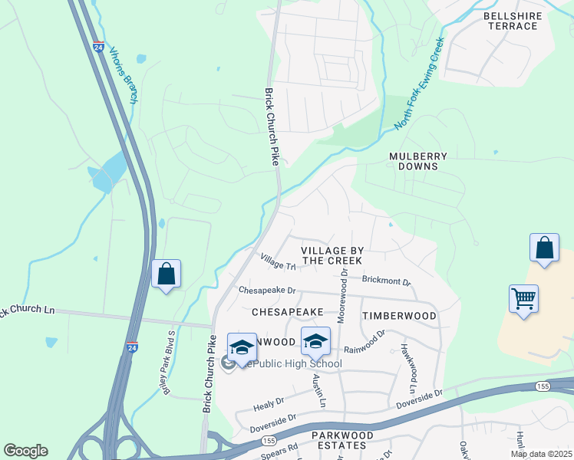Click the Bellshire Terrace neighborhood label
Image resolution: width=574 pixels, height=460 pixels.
click(512, 21)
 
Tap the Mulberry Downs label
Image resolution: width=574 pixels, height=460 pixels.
click(418, 161)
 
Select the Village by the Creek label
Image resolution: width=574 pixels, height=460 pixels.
click(332, 255)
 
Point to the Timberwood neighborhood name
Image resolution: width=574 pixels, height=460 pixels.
click(399, 316)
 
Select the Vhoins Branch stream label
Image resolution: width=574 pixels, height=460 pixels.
click(123, 75)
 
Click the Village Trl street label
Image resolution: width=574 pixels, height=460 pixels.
click(277, 262)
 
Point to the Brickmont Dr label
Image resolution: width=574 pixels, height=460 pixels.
click(386, 281)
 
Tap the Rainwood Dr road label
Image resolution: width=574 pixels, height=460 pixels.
click(365, 343)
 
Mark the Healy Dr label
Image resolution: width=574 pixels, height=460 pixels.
click(269, 401)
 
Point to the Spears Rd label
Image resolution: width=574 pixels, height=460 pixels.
click(282, 450)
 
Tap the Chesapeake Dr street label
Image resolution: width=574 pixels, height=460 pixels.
click(267, 291)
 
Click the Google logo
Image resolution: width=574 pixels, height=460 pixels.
click(25, 451)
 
